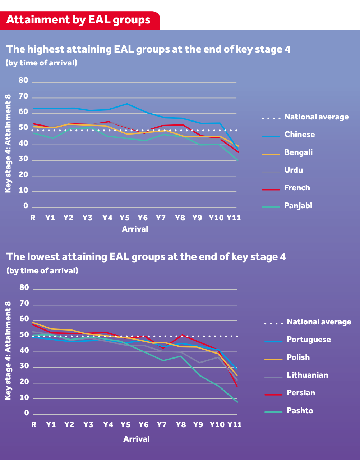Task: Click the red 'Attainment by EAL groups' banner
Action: [79, 20]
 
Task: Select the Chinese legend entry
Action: [299, 135]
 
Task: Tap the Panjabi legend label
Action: [298, 206]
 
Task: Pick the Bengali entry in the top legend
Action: [298, 152]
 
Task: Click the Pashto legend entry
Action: [300, 411]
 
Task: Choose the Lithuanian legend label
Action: [307, 375]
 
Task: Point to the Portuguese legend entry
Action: [309, 340]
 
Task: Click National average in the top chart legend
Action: [316, 117]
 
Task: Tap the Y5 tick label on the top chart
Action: [124, 218]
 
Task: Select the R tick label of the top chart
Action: [33, 218]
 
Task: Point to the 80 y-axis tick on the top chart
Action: [23, 81]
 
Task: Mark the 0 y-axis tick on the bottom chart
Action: [26, 413]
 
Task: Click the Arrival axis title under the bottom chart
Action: [136, 439]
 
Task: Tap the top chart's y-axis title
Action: [8, 144]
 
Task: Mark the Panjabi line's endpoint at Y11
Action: [237, 160]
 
